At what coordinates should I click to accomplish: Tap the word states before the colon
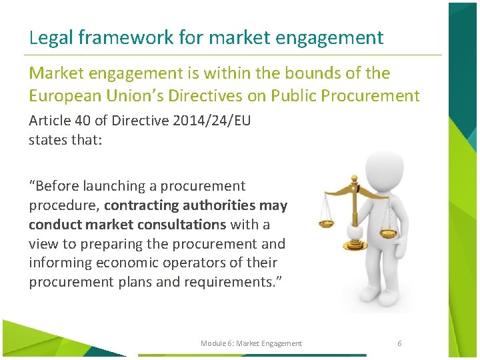tap(48, 140)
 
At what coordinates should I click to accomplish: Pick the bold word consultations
tap(184, 224)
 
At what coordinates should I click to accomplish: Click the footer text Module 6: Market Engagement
tap(251, 343)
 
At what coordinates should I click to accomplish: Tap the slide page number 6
tap(399, 343)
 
